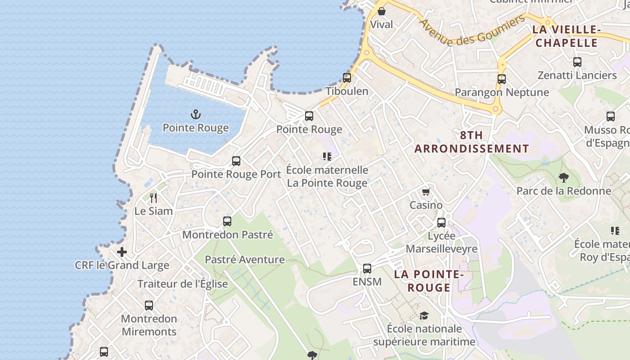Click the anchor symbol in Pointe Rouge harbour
[x=195, y=114]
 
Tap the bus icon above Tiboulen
[x=347, y=77]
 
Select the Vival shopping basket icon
[x=382, y=11]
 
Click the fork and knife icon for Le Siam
[x=153, y=197]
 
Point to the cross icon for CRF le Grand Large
[x=122, y=252]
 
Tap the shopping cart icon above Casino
[x=426, y=192]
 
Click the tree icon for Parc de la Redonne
[x=563, y=178]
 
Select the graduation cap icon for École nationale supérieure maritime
[x=424, y=315]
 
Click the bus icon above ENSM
[x=367, y=269]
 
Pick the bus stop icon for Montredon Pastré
[x=227, y=221]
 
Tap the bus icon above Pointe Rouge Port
[x=236, y=161]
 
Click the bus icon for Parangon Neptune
[x=502, y=79]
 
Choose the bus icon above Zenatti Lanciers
[x=577, y=62]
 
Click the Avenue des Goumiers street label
[x=472, y=31]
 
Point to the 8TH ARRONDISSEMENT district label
[x=472, y=142]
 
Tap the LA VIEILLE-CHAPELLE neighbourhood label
[x=567, y=36]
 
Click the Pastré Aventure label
[x=245, y=260]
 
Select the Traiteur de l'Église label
[x=183, y=284]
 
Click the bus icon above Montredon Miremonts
[x=149, y=306]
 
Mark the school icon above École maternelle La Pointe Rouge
[x=327, y=157]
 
